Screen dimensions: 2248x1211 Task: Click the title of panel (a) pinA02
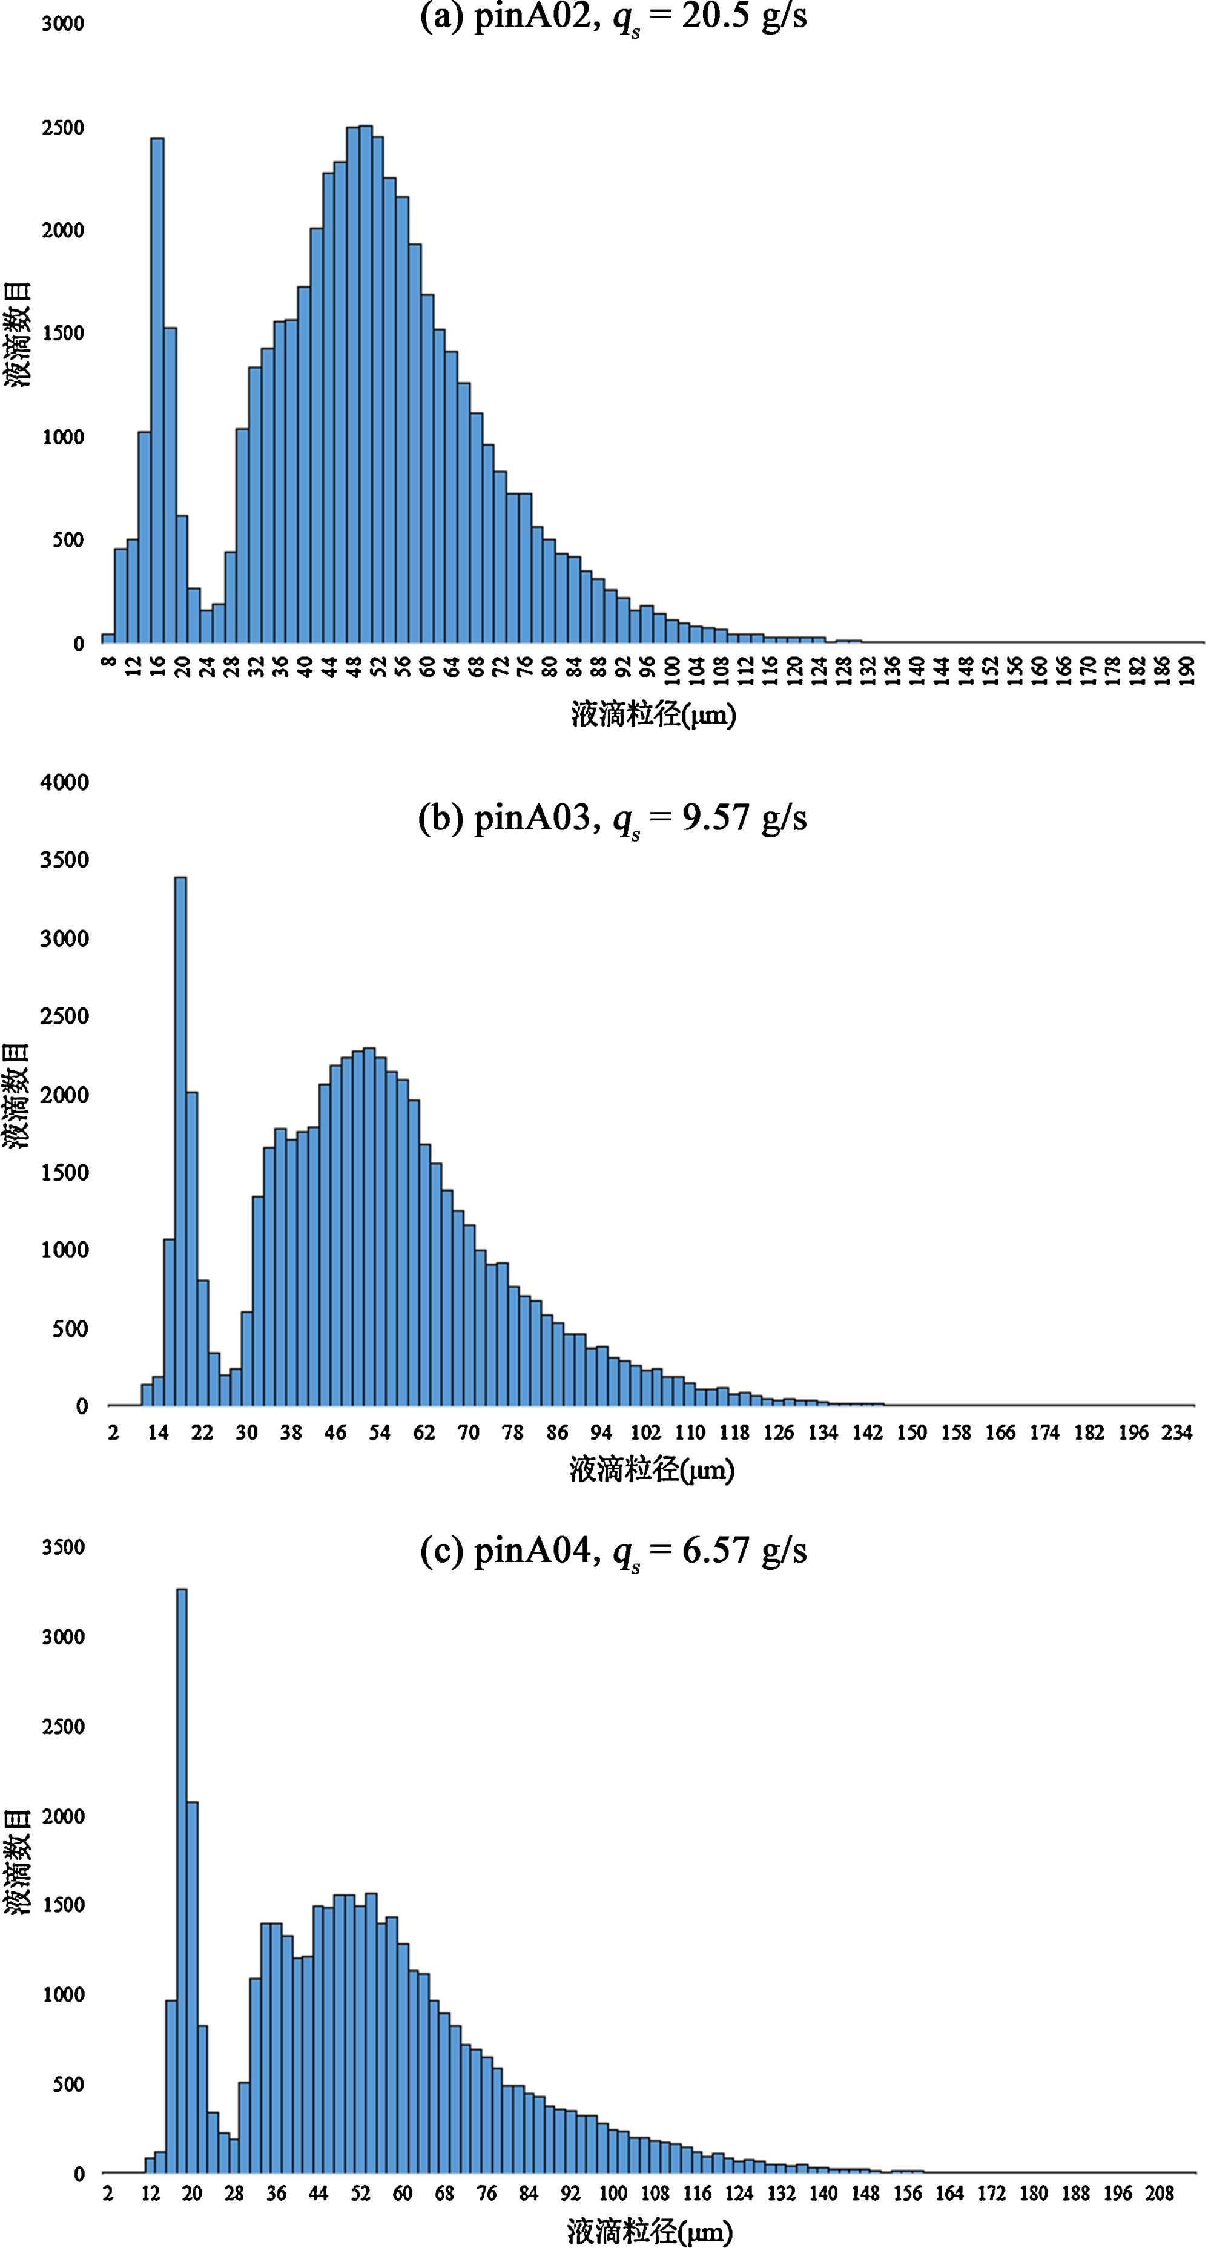[613, 18]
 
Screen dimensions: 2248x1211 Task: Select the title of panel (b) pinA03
[613, 819]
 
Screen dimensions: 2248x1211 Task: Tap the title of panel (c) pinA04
[613, 1551]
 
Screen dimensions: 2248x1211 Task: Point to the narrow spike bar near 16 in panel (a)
[157, 393]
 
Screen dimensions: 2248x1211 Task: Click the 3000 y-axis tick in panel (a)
[63, 24]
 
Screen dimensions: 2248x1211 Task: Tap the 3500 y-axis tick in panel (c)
[63, 1548]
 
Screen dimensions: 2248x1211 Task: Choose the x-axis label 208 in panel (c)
[1159, 2193]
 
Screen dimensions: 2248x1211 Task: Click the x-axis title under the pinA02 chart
[653, 716]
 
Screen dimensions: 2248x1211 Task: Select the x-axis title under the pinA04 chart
[649, 2232]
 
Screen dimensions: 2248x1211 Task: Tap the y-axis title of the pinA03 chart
[18, 1095]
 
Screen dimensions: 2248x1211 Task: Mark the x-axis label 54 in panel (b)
[378, 1432]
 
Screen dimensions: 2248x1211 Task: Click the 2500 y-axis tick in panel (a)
[63, 127]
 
